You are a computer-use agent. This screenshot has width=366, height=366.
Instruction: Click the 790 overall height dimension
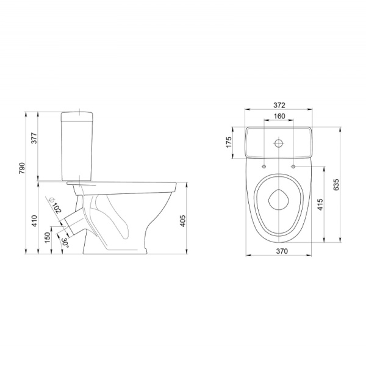[x=22, y=168]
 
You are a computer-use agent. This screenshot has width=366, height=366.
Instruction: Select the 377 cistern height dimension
[x=34, y=138]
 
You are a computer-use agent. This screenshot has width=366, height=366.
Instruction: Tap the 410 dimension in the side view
[x=34, y=221]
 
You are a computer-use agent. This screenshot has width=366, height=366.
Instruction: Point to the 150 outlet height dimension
[x=48, y=238]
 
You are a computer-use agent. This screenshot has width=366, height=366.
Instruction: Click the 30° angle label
[x=65, y=243]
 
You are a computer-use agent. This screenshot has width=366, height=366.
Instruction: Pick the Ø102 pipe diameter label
[x=55, y=205]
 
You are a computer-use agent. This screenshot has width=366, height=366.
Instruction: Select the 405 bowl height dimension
[x=183, y=221]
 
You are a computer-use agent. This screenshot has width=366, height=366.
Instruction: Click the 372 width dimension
[x=279, y=106]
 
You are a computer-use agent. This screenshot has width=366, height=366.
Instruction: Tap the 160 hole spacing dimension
[x=279, y=116]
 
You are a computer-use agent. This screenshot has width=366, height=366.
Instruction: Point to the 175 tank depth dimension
[x=229, y=142]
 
